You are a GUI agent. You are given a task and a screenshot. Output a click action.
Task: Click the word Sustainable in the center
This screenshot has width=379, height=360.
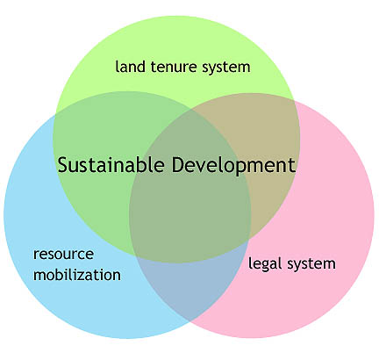coord(111,164)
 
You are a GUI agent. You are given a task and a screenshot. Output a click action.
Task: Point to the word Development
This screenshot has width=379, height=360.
coord(233,166)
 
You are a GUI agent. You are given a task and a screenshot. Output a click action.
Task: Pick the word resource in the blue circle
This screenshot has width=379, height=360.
coord(63,254)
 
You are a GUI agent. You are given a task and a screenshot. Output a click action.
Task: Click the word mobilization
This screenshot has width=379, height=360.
coord(77,274)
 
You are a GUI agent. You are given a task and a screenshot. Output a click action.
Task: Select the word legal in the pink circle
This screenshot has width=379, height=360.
coord(265,263)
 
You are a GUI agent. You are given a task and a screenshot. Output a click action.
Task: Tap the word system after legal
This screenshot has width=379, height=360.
coord(311,264)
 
